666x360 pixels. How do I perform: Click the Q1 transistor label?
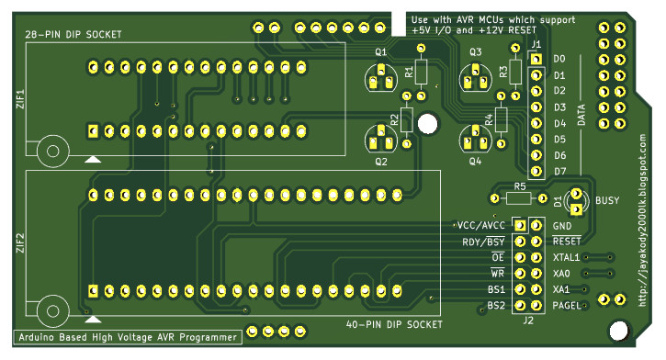pos(380,51)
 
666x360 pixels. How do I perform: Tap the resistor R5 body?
pos(519,197)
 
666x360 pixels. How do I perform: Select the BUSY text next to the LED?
pos(607,200)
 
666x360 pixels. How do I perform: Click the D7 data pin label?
pos(559,172)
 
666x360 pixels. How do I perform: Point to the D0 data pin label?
pos(559,59)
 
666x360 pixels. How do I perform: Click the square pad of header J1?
pos(536,59)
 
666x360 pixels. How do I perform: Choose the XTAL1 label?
pos(566,257)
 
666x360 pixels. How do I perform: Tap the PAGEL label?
pos(567,305)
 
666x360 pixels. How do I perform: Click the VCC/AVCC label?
pos(480,225)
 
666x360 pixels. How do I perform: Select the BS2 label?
pos(496,305)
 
